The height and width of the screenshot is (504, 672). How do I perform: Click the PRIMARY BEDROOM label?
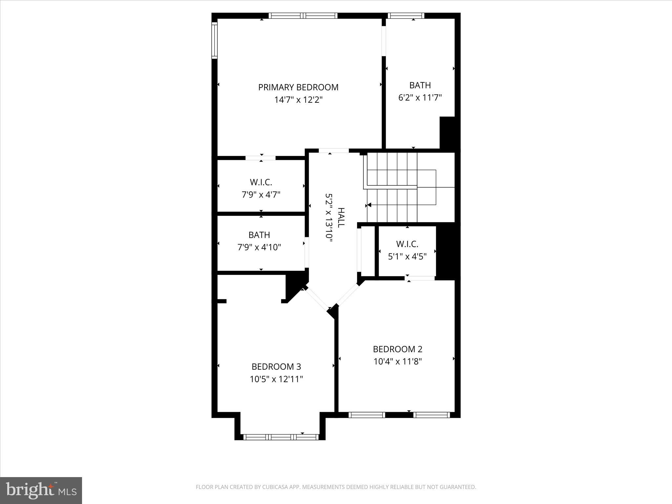point(298,87)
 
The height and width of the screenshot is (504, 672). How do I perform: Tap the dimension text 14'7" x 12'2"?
point(298,100)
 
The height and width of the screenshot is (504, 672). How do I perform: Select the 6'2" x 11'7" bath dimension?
point(420,98)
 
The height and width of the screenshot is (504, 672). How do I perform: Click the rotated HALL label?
point(341,217)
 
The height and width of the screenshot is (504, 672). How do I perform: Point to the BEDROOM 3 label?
point(276,367)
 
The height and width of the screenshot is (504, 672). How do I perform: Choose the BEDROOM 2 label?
point(397,349)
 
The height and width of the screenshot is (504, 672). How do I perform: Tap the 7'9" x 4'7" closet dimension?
point(261,195)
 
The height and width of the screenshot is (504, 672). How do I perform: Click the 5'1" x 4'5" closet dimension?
point(407,257)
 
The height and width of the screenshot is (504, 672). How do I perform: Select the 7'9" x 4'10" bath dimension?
point(259,247)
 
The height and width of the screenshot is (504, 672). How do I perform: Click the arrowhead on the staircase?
point(369,205)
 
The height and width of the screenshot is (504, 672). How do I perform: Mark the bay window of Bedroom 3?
point(281,437)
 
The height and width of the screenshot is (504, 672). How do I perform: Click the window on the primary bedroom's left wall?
point(214,40)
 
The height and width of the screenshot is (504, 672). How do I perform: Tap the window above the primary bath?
point(406,15)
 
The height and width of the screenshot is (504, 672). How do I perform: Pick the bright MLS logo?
point(41,490)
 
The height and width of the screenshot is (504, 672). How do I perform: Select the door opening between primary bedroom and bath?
point(384,41)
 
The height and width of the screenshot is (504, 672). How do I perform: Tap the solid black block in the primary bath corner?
point(447,133)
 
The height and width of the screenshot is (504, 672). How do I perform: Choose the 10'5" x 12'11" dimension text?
point(276,379)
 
